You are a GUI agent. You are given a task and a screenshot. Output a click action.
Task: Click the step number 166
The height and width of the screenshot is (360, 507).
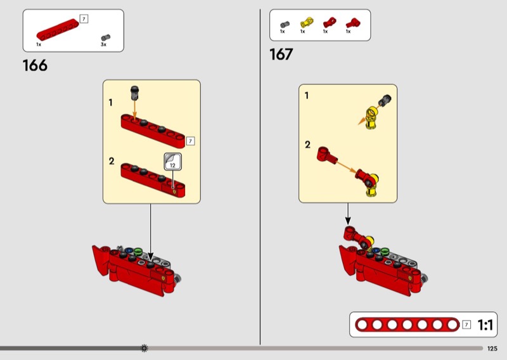[x=35, y=65]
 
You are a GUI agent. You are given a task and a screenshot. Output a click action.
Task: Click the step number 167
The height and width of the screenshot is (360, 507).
[x=281, y=54]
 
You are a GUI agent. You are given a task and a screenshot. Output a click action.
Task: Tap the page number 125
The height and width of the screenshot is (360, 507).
[x=492, y=349]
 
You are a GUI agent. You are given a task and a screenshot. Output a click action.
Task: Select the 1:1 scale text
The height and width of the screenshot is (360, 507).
[x=485, y=325]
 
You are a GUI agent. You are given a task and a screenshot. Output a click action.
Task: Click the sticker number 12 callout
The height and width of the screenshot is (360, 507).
[x=172, y=162]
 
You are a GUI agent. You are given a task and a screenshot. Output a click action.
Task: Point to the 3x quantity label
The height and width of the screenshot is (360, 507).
[x=103, y=44]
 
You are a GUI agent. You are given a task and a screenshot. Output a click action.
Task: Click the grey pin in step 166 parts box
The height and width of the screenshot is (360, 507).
[x=105, y=37]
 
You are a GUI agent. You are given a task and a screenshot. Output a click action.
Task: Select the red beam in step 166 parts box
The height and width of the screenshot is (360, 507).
[x=58, y=30]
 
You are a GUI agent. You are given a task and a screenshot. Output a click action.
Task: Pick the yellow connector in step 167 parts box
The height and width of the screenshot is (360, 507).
[x=307, y=23]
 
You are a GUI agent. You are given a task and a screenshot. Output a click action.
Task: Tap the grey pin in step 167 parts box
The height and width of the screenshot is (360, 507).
[x=285, y=24]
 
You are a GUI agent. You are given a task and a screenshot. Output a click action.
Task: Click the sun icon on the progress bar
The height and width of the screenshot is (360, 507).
[x=144, y=348]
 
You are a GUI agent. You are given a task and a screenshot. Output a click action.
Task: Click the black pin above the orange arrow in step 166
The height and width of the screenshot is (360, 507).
[x=134, y=93]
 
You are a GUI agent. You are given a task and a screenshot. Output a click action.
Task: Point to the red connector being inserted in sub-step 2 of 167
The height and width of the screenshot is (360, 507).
[x=326, y=155]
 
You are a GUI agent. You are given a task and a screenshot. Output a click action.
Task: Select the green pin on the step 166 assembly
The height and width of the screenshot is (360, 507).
[x=138, y=252]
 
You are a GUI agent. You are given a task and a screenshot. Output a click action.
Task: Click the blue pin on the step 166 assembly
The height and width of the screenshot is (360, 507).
[x=129, y=251]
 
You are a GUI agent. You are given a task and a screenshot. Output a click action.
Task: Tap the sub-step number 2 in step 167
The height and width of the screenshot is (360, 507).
[x=307, y=145]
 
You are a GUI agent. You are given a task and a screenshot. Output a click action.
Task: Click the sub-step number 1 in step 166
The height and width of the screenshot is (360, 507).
[x=110, y=103]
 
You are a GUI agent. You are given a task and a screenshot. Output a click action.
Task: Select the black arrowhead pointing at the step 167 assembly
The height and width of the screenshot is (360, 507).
[x=347, y=221]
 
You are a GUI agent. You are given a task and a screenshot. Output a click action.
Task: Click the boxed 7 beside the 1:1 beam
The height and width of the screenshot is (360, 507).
[x=466, y=325]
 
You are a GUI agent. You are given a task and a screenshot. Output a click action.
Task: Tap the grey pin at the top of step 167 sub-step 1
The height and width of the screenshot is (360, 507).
[x=385, y=100]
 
